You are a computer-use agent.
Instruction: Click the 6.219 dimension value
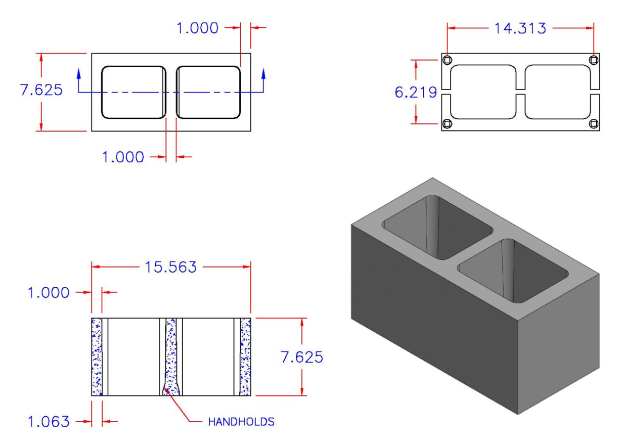[416, 92]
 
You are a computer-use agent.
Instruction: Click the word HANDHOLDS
[241, 421]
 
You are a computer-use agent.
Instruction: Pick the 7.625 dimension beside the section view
[301, 357]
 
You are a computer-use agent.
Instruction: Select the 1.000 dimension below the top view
[123, 157]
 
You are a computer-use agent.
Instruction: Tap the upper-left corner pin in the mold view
[447, 61]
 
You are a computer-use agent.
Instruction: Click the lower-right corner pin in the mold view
[594, 124]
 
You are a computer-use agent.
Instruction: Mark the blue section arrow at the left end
[79, 76]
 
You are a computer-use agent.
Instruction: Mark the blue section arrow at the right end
[263, 76]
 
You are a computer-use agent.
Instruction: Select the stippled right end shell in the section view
[246, 357]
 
